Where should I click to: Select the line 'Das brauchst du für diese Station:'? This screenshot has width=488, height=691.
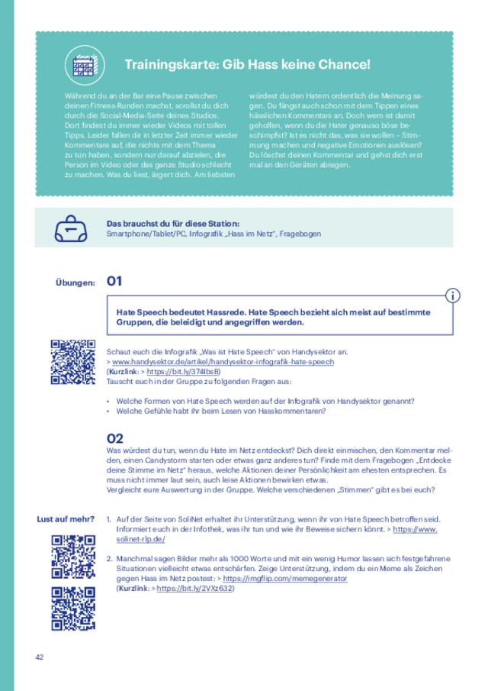pos(167,223)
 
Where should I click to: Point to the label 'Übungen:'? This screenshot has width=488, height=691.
pos(75,283)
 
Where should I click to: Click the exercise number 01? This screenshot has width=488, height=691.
pos(114,281)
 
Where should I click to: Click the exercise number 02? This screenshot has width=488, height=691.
pos(115,438)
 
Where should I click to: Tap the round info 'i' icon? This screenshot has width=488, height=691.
pos(453,295)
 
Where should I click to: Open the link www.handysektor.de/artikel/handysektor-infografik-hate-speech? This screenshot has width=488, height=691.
pos(223,361)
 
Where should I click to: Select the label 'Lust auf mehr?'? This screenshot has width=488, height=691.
pos(65,519)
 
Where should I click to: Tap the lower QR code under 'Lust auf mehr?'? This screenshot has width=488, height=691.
pos(73,608)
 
